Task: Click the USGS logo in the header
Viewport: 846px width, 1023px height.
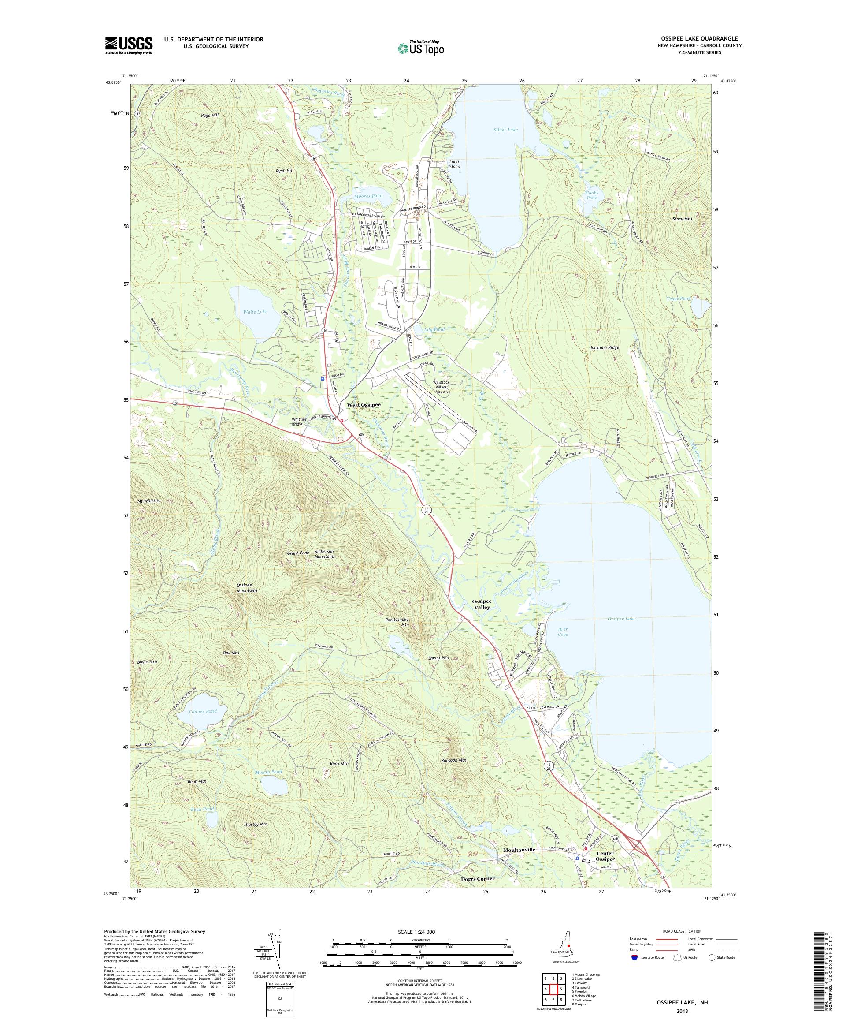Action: pyautogui.click(x=129, y=45)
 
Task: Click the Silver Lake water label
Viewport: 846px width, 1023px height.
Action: pyautogui.click(x=505, y=130)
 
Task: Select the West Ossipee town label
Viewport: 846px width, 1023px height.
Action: pyautogui.click(x=363, y=405)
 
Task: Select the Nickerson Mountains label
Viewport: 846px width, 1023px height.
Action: pyautogui.click(x=324, y=554)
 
